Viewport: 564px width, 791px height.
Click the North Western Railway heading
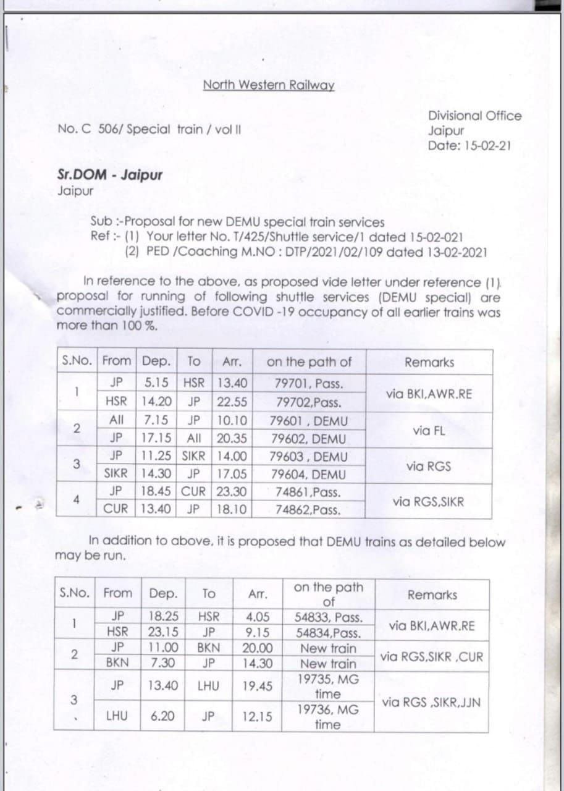coord(269,85)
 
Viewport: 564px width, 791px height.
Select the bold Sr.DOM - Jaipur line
coord(110,175)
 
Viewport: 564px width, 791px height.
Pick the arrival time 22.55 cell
coord(232,402)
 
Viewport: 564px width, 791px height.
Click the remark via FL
coord(429,430)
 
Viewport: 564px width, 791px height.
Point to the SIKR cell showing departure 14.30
coord(116,475)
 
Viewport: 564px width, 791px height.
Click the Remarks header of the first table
coord(429,363)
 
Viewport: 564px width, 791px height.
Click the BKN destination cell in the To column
coord(209,648)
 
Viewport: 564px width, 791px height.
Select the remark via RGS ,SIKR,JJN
coord(431,702)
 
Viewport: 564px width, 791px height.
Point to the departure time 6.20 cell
coord(162,717)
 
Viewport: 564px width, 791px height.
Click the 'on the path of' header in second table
coord(328,594)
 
